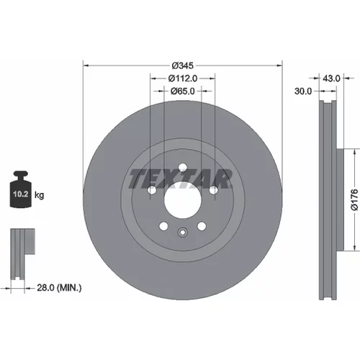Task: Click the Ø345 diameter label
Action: click(183, 66)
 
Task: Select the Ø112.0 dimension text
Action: click(183, 78)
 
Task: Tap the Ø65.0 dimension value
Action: click(183, 91)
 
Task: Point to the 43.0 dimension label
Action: click(331, 78)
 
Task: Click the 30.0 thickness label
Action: click(303, 91)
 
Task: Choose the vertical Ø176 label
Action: click(354, 200)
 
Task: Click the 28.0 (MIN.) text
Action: click(59, 287)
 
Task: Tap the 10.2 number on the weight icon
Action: click(21, 194)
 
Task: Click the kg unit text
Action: click(39, 195)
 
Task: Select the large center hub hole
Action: click(183, 200)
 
